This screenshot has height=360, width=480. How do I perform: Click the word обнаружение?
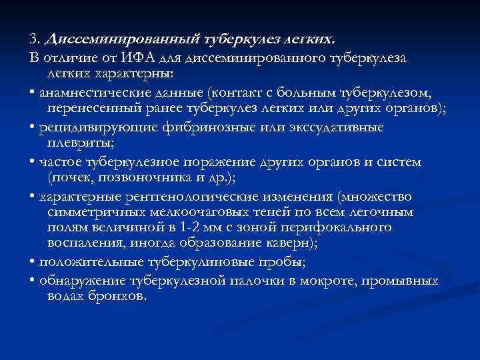tap(77, 280)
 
